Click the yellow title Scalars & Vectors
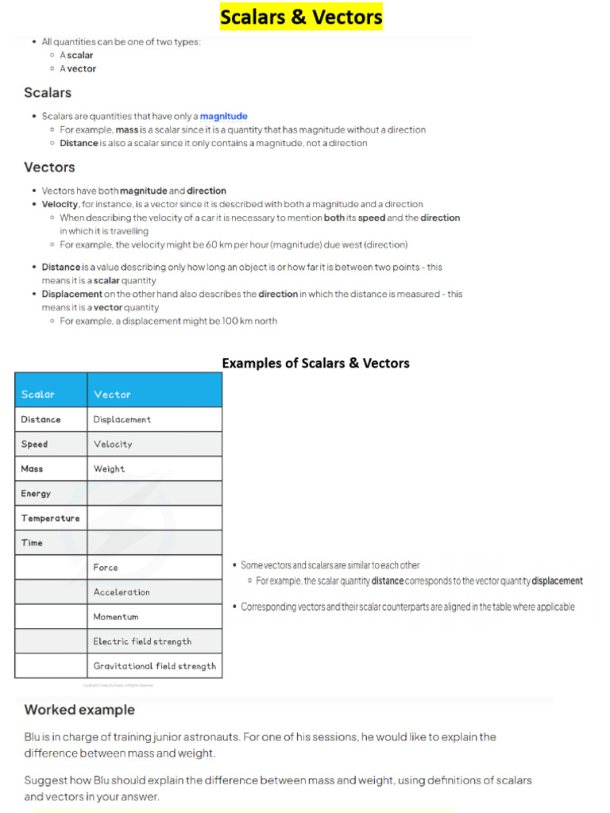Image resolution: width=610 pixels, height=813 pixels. (x=301, y=17)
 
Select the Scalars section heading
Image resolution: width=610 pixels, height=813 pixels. (x=48, y=93)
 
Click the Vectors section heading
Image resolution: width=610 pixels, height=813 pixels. (x=49, y=168)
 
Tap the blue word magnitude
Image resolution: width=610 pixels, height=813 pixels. (x=223, y=116)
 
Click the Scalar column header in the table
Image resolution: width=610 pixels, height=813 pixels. (x=38, y=394)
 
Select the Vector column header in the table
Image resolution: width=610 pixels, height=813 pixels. (x=112, y=394)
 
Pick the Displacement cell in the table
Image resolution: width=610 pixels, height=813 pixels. (x=122, y=419)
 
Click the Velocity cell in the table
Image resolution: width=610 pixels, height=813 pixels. (x=113, y=444)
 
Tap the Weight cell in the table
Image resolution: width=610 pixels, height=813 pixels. (x=109, y=468)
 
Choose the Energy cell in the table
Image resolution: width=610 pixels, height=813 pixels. (x=36, y=493)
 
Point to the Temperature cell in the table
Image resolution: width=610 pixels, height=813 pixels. (x=50, y=518)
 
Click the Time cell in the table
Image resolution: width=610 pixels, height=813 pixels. (x=32, y=542)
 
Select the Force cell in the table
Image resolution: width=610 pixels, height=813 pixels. (x=106, y=567)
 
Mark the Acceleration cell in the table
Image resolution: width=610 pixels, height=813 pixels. (x=122, y=591)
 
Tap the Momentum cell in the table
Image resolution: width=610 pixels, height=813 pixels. (x=116, y=616)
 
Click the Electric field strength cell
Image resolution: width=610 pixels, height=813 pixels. (x=142, y=641)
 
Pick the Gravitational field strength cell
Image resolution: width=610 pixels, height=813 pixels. (x=154, y=665)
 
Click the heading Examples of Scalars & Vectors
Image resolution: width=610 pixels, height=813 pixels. (x=315, y=363)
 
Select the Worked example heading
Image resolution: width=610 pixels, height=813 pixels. (x=79, y=710)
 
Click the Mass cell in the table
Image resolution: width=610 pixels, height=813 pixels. (x=32, y=468)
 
